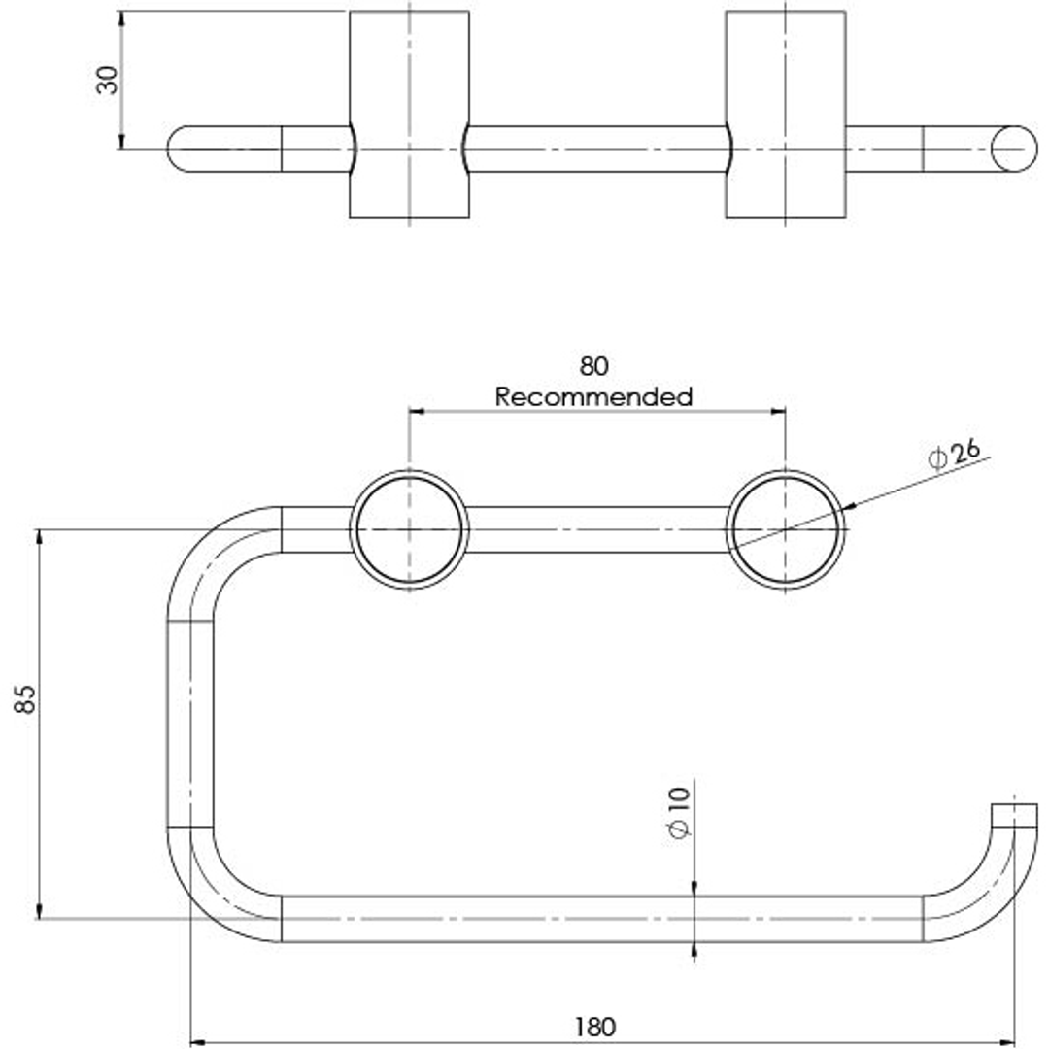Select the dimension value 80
tap(593, 366)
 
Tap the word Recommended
tap(593, 396)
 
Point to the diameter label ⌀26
tap(955, 453)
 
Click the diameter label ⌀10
tap(679, 813)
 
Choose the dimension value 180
tap(594, 1026)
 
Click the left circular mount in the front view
tap(409, 529)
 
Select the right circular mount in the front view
tap(785, 529)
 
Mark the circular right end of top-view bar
tap(1014, 149)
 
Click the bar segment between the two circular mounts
tap(596, 529)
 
